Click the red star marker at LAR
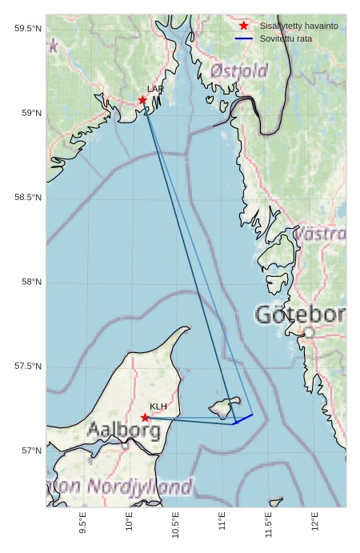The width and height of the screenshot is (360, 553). coord(142,100)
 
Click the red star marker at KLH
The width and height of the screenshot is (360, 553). coord(145,418)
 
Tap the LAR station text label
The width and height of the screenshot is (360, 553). coord(155,90)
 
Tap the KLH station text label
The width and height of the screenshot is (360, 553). coord(158,407)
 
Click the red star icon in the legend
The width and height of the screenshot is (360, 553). coord(244,26)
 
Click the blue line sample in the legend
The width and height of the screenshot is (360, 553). coord(244,38)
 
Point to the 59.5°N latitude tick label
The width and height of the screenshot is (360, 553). coord(27,29)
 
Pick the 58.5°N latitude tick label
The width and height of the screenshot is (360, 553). coord(27,198)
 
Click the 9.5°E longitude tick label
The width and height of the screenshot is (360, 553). coord(83,522)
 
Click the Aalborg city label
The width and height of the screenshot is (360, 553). coord(123,431)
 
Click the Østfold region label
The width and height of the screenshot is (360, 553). coord(239,71)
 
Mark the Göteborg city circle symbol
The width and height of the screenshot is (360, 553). coord(309,332)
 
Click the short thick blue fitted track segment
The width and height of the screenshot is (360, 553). coord(243,419)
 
